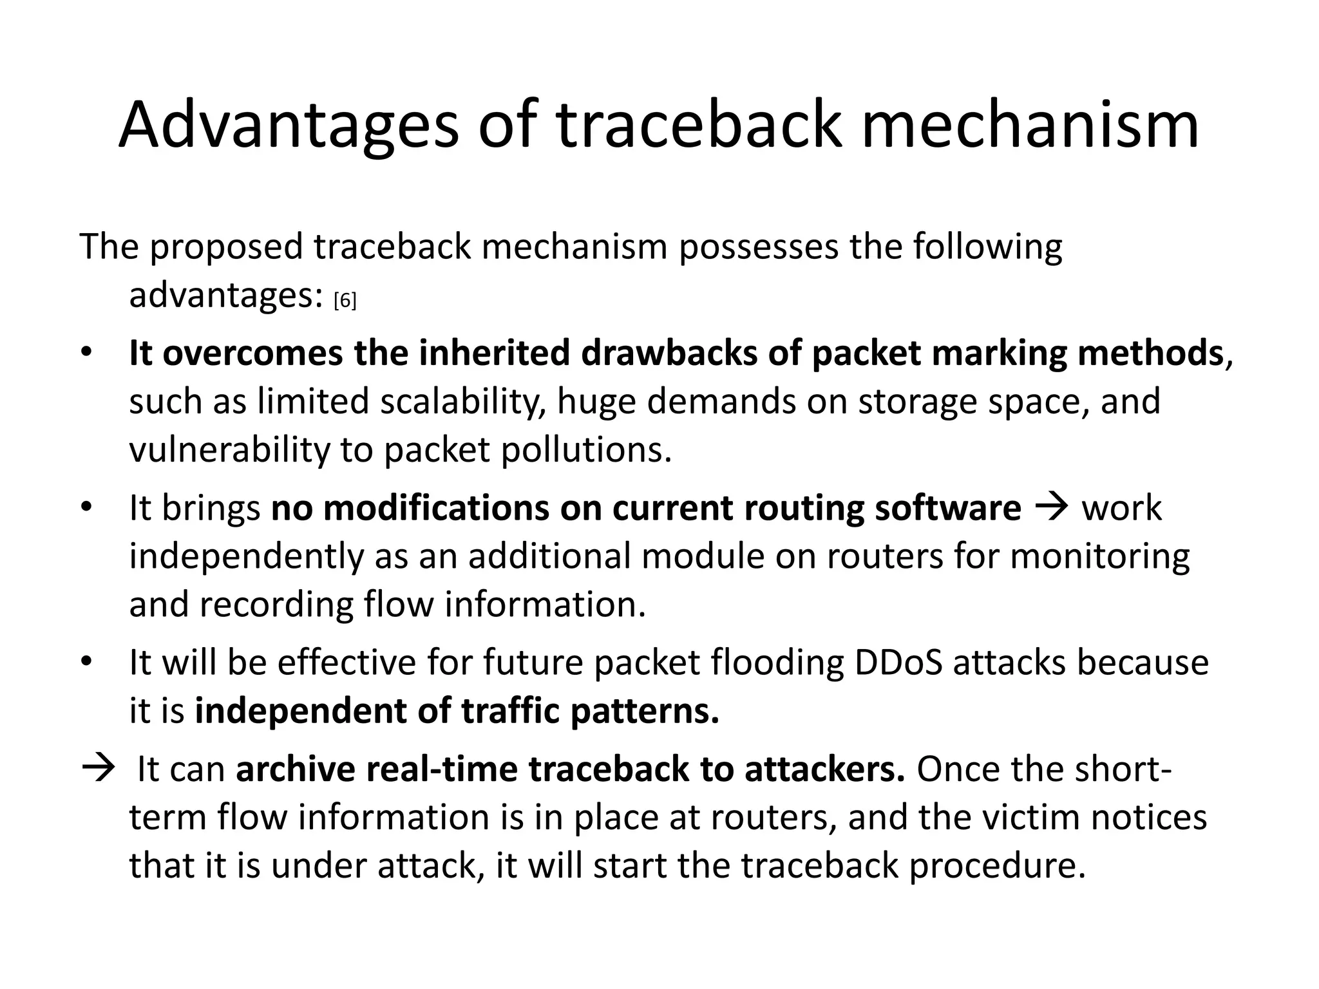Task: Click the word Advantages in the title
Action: pos(289,126)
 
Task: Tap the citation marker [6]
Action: pos(345,300)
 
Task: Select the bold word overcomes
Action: pos(252,353)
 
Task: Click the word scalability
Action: pos(462,401)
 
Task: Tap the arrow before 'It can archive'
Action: pos(98,769)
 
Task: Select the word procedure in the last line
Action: pos(997,865)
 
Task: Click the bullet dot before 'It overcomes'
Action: pos(87,353)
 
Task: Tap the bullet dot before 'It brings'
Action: pos(87,509)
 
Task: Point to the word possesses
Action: pos(759,247)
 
